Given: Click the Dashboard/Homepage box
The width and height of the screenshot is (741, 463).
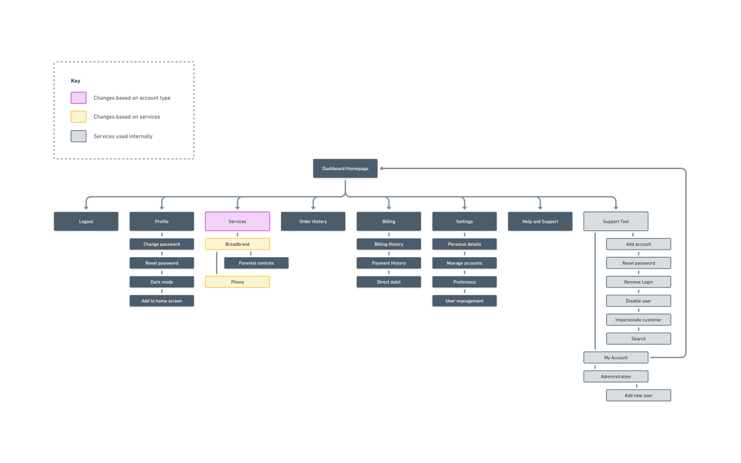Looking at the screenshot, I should pyautogui.click(x=345, y=168).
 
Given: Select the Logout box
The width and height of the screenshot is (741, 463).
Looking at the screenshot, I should pyautogui.click(x=86, y=222).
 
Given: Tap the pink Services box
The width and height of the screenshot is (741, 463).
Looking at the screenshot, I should pyautogui.click(x=238, y=222).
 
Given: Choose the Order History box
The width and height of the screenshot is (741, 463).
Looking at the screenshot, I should pyautogui.click(x=313, y=222).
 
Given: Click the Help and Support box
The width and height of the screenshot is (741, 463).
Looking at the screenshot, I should pyautogui.click(x=540, y=222).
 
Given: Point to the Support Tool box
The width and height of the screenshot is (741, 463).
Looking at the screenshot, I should pyautogui.click(x=616, y=222).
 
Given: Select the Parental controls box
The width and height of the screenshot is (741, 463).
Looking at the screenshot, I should pyautogui.click(x=256, y=263).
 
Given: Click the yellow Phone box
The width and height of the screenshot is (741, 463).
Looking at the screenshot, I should pyautogui.click(x=238, y=282).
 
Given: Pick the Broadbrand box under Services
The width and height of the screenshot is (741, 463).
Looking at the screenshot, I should pyautogui.click(x=238, y=244).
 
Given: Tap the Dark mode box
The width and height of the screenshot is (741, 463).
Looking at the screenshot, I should pyautogui.click(x=162, y=282).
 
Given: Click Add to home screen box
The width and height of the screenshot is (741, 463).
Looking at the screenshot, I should pyautogui.click(x=162, y=301).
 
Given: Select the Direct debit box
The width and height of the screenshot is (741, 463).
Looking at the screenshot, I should pyautogui.click(x=389, y=282).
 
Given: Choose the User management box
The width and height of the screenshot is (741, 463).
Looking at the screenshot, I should pyautogui.click(x=464, y=301).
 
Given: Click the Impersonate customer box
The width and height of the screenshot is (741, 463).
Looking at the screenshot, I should pyautogui.click(x=638, y=320).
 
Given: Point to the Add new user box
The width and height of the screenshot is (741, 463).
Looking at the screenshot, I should pyautogui.click(x=638, y=396).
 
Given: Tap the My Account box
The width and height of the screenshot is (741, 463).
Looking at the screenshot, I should pyautogui.click(x=616, y=358).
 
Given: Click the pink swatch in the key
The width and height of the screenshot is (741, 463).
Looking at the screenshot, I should pyautogui.click(x=78, y=98).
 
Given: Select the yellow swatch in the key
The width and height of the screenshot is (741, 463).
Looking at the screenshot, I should pyautogui.click(x=78, y=117).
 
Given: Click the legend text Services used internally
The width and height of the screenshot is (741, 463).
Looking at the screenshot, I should pyautogui.click(x=123, y=136).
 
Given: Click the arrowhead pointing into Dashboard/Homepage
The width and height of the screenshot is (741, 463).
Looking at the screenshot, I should pyautogui.click(x=382, y=168).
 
